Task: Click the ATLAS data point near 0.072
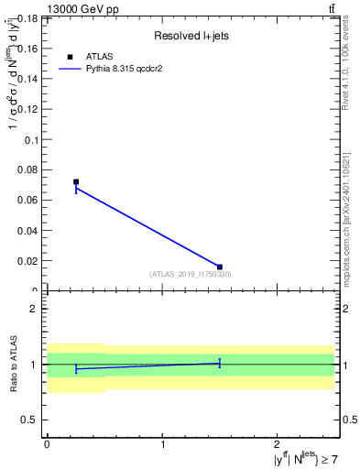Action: [x=76, y=181]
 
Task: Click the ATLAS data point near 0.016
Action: [x=220, y=267]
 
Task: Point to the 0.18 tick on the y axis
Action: [x=27, y=18]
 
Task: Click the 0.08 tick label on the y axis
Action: [x=27, y=169]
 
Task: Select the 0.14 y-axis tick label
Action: [x=27, y=79]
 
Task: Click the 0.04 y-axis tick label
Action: [x=27, y=230]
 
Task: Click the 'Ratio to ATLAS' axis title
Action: [x=12, y=365]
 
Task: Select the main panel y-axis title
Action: [x=12, y=137]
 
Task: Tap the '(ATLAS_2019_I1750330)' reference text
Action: [x=191, y=274]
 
